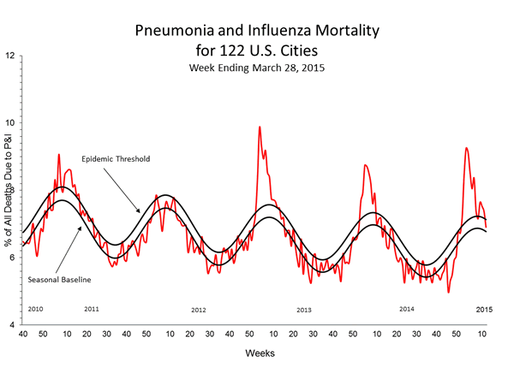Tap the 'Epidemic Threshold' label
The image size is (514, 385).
click(116, 159)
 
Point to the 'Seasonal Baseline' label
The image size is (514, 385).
click(59, 278)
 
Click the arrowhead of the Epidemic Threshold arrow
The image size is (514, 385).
click(141, 210)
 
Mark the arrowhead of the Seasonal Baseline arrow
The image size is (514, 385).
click(83, 227)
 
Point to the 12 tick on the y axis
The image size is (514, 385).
click(9, 56)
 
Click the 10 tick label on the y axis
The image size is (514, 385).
click(9, 123)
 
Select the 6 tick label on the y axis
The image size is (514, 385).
click(9, 258)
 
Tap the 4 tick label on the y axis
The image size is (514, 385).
click(9, 326)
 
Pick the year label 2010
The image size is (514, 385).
click(35, 308)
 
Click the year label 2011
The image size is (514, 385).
click(92, 308)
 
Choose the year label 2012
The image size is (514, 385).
click(199, 309)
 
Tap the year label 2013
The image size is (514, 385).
click(303, 309)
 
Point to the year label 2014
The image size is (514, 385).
click(407, 308)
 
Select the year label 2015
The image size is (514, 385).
click(484, 308)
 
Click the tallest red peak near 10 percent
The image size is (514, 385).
click(260, 127)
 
